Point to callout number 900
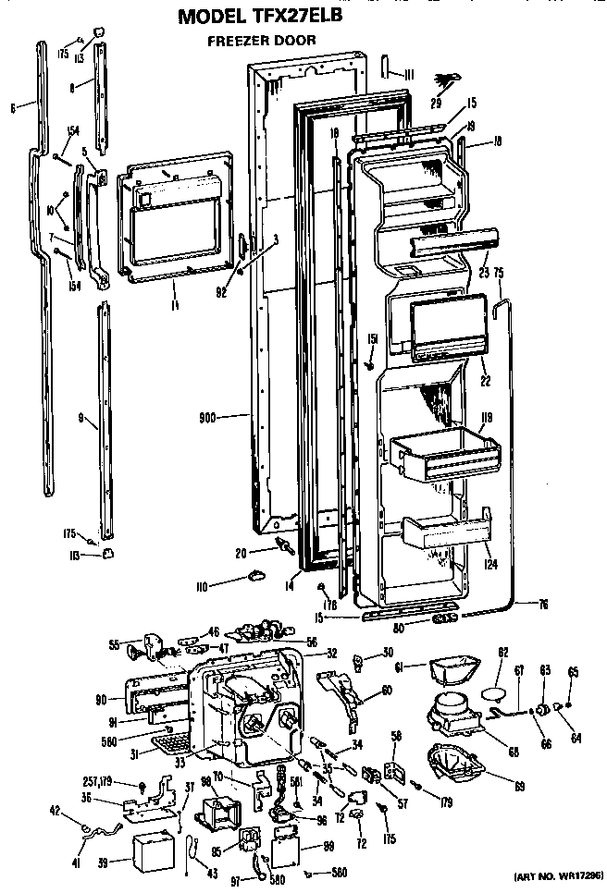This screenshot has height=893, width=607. coord(206,418)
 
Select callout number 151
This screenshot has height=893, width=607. coord(371,338)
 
